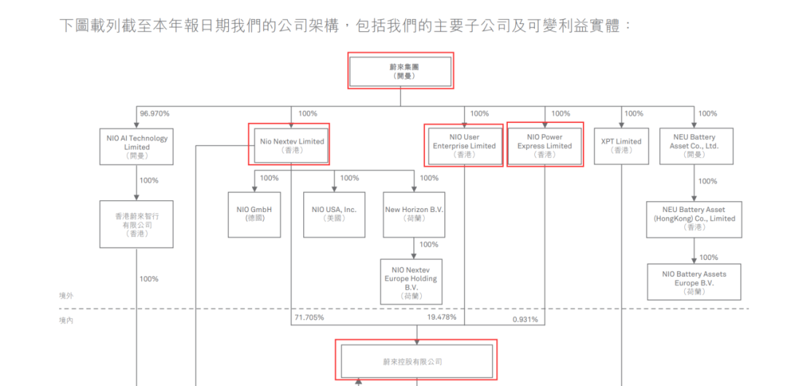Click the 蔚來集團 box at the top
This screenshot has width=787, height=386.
[x=401, y=71]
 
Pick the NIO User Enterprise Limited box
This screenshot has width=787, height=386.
[x=463, y=145]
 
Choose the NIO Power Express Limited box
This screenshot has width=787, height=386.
[x=545, y=145]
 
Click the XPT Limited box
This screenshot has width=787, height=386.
[x=621, y=146]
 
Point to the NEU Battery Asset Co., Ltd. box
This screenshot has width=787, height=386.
[x=693, y=146]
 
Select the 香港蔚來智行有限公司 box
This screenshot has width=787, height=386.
[x=136, y=224]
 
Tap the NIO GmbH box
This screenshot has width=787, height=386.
[x=254, y=214]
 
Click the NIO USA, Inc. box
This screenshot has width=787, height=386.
[x=334, y=214]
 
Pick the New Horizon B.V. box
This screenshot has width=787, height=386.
[x=414, y=214]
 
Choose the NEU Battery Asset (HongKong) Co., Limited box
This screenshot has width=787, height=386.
[x=694, y=218]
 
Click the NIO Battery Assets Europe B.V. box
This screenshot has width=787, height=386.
[x=694, y=283]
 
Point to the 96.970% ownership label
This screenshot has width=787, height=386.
[x=154, y=114]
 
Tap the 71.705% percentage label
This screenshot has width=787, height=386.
[x=309, y=318]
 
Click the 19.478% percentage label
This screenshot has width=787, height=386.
[x=442, y=318]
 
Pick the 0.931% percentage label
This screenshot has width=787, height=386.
[x=525, y=319]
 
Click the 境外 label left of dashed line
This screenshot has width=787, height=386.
[x=66, y=296]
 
